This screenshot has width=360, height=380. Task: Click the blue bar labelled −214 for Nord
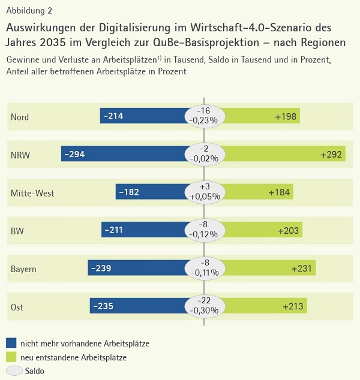144,116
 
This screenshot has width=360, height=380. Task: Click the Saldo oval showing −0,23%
204,116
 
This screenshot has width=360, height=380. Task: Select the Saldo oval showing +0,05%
204,192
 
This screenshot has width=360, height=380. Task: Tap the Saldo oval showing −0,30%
204,306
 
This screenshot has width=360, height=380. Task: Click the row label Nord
20,117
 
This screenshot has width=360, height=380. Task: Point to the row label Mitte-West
32,193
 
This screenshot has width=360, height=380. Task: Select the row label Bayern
23,269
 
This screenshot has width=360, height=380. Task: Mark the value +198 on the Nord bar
286,117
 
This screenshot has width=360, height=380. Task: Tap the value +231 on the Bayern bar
302,269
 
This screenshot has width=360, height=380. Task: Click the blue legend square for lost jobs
11,343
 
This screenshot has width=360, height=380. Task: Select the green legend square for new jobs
11,357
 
